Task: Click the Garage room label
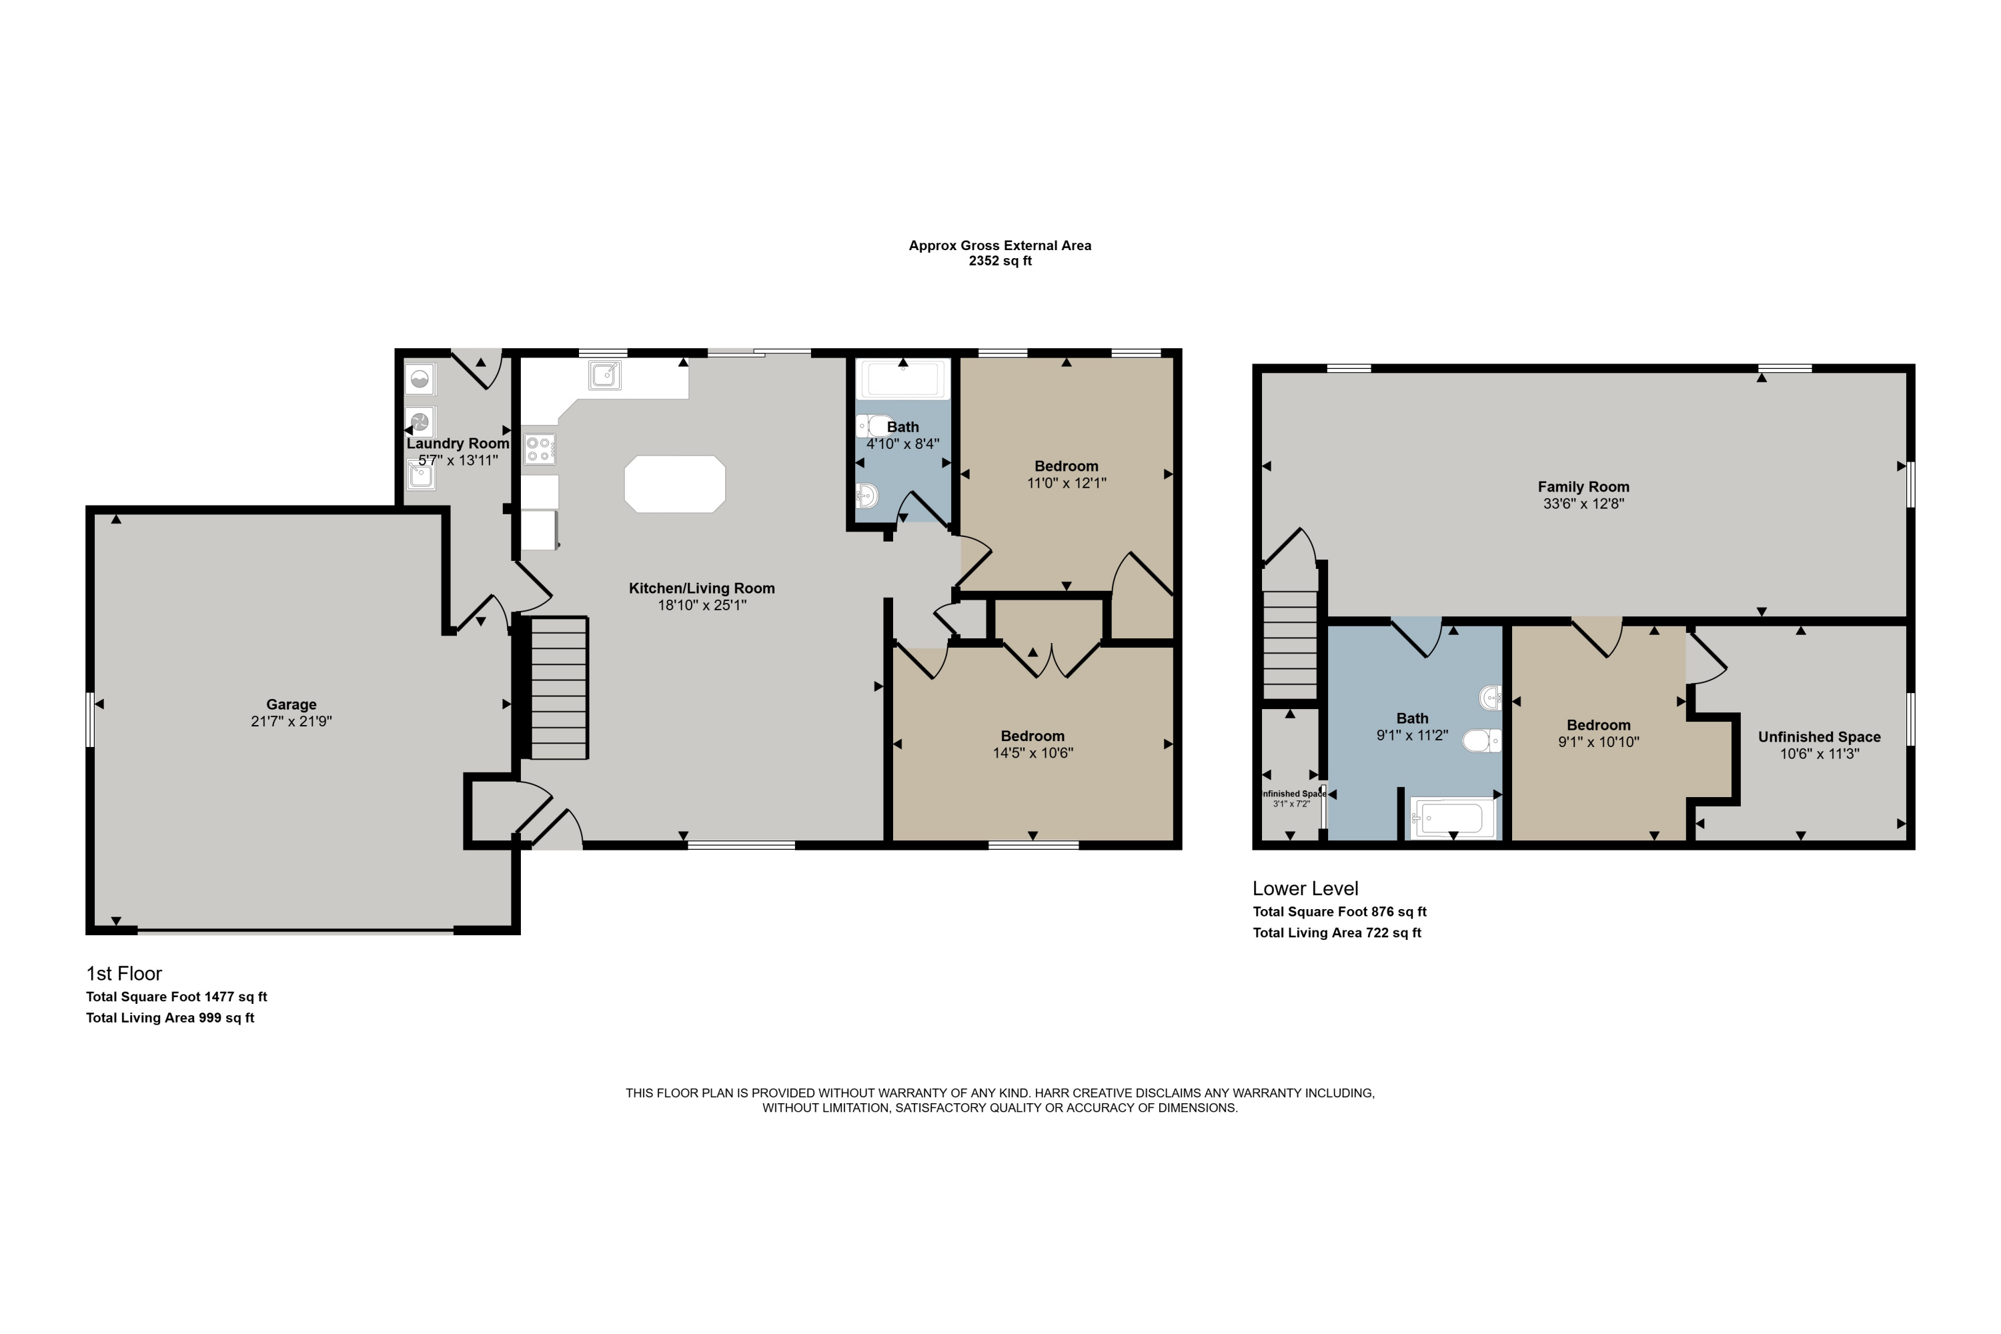(x=291, y=704)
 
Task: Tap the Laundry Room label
(x=458, y=444)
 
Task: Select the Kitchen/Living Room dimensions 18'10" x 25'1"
(x=702, y=606)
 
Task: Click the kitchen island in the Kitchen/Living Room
(x=674, y=484)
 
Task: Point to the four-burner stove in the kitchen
(x=540, y=449)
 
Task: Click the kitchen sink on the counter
(x=605, y=374)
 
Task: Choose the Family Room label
(x=1583, y=487)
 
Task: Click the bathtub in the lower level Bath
(x=1453, y=818)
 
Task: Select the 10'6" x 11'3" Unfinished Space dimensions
(x=1820, y=754)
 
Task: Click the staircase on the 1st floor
(x=559, y=688)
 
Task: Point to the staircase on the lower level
(x=1290, y=644)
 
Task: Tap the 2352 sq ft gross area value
(x=1000, y=261)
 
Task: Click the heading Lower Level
(x=1305, y=888)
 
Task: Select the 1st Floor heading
(x=123, y=973)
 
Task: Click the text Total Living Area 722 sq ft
(x=1337, y=932)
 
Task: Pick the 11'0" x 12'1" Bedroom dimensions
(x=1066, y=483)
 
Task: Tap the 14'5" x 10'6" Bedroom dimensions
(x=1033, y=753)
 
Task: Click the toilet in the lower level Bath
(x=1481, y=741)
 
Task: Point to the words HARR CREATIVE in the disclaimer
(x=1087, y=1093)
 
